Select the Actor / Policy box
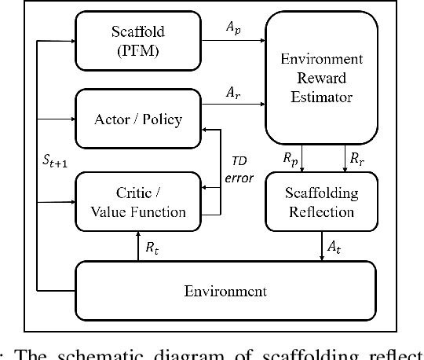point(137,119)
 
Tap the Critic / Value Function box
point(137,202)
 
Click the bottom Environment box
point(225,291)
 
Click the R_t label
point(152,247)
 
